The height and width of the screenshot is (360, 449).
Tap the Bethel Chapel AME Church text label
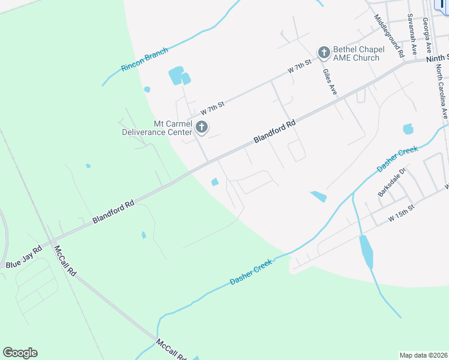coord(357,53)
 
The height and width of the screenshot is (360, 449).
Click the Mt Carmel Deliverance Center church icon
coord(202,127)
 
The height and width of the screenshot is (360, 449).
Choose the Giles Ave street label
coord(330,82)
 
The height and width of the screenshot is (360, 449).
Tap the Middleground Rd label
coord(389,35)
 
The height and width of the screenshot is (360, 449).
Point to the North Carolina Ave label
coord(442,91)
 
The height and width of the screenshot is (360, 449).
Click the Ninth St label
coord(436,59)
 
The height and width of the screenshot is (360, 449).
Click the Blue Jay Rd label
coord(24,257)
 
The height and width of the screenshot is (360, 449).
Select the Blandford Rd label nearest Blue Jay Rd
coord(113,213)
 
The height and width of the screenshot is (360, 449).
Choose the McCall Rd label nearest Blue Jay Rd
coord(65,260)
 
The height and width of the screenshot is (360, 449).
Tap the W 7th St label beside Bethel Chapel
coord(300,66)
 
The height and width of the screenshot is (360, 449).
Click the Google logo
coord(20,353)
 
